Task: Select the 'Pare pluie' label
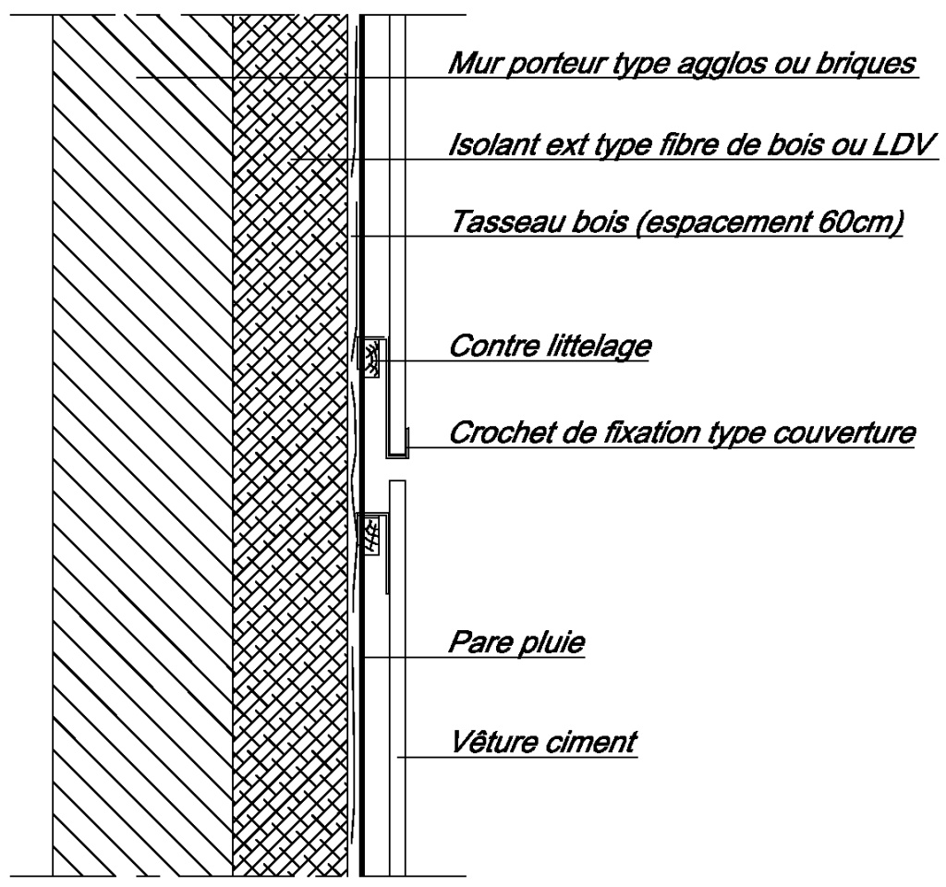point(516,642)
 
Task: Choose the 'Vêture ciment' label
point(544,741)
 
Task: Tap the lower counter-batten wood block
point(371,533)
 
